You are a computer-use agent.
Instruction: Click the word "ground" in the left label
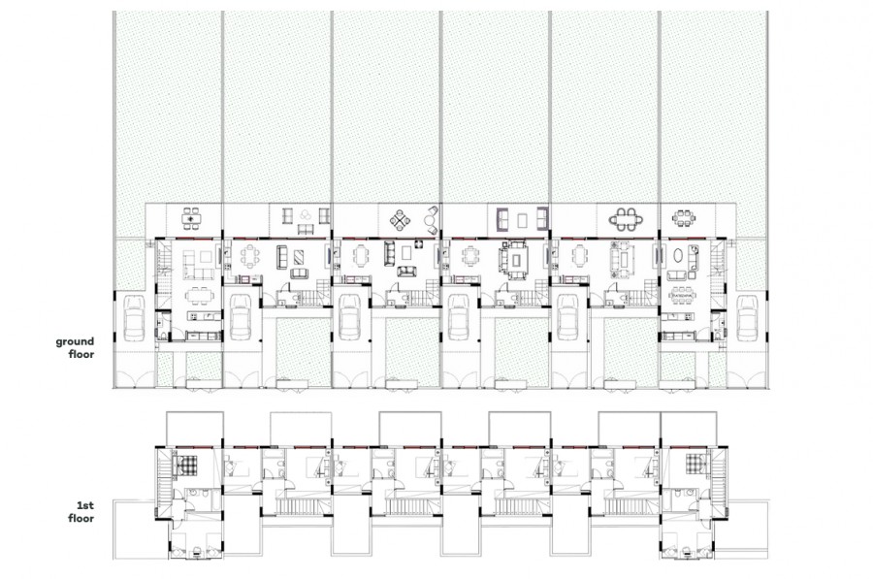pos(75,341)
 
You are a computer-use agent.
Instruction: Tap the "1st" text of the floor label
pos(85,505)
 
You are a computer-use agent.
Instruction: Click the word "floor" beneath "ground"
pos(81,354)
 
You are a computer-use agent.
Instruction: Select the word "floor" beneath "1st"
pos(81,518)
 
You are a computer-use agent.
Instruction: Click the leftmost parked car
pos(134,318)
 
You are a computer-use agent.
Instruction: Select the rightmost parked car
pos(747,318)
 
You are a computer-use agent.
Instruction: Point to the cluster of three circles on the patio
pos(306,215)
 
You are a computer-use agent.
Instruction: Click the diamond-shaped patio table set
pos(400,220)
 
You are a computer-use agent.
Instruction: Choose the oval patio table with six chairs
pos(623,219)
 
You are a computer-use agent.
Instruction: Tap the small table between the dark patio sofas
pos(522,220)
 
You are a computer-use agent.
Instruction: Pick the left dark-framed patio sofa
pos(502,218)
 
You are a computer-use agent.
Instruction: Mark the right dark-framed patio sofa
pos(542,218)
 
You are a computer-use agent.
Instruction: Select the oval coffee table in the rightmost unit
pos(680,256)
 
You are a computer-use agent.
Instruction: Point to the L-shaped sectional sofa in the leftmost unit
pos(199,265)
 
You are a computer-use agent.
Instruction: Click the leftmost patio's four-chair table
pos(191,218)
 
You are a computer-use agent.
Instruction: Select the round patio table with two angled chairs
pos(431,220)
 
